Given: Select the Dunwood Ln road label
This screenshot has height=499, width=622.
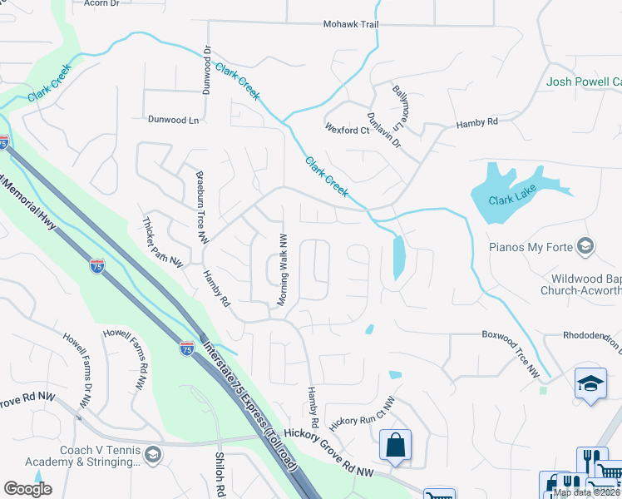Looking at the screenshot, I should pyautogui.click(x=174, y=120).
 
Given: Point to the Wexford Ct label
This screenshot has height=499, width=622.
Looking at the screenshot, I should pyautogui.click(x=348, y=130).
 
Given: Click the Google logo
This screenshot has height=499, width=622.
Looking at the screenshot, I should pyautogui.click(x=27, y=488).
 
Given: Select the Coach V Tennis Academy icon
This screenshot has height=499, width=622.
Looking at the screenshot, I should pyautogui.click(x=152, y=454).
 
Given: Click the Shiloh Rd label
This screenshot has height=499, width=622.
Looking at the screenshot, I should pyautogui.click(x=222, y=475).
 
